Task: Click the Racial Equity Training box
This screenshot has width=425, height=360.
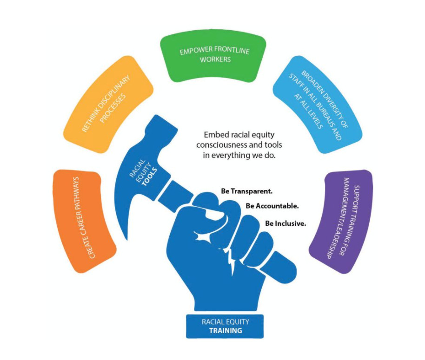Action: pyautogui.click(x=225, y=326)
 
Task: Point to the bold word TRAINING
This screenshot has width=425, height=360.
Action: pyautogui.click(x=225, y=331)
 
